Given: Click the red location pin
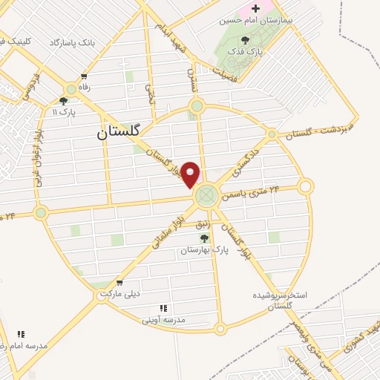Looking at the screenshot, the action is coord(191,174).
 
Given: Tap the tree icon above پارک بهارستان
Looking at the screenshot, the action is coord(204,238).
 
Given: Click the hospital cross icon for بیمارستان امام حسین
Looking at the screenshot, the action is coord(256,7).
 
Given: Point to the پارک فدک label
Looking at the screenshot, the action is coord(245,53).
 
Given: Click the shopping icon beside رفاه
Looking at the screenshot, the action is coord(85,76).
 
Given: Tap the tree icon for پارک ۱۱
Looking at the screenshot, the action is coord(63,100).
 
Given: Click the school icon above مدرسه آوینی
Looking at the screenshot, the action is coord(163,308).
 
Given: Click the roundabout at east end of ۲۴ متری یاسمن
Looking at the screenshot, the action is coord(306,186).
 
